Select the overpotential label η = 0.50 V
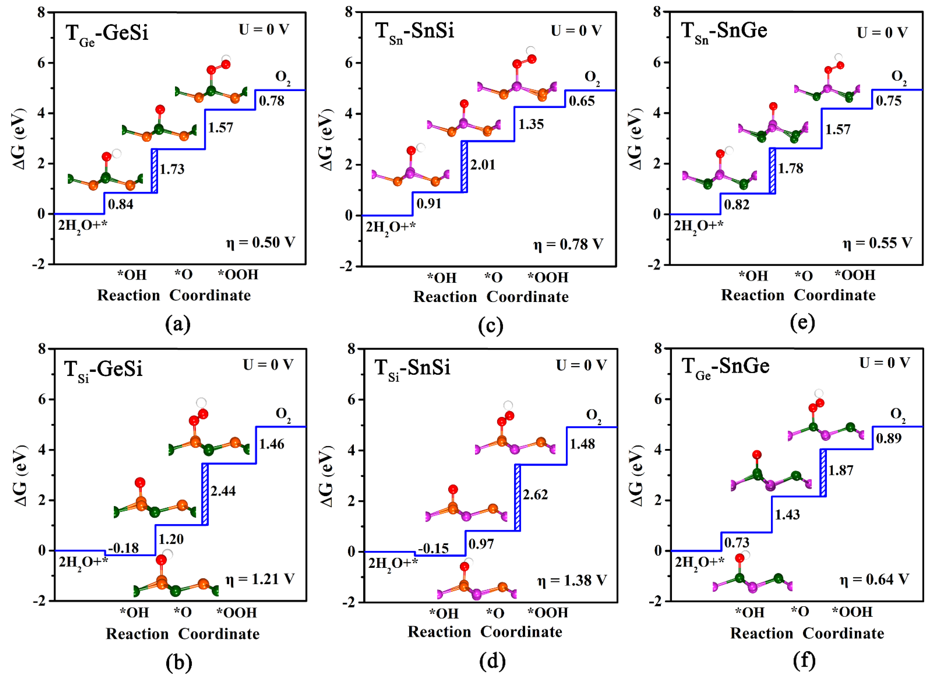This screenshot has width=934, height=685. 260,242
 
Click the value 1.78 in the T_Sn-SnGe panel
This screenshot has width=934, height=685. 791,168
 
